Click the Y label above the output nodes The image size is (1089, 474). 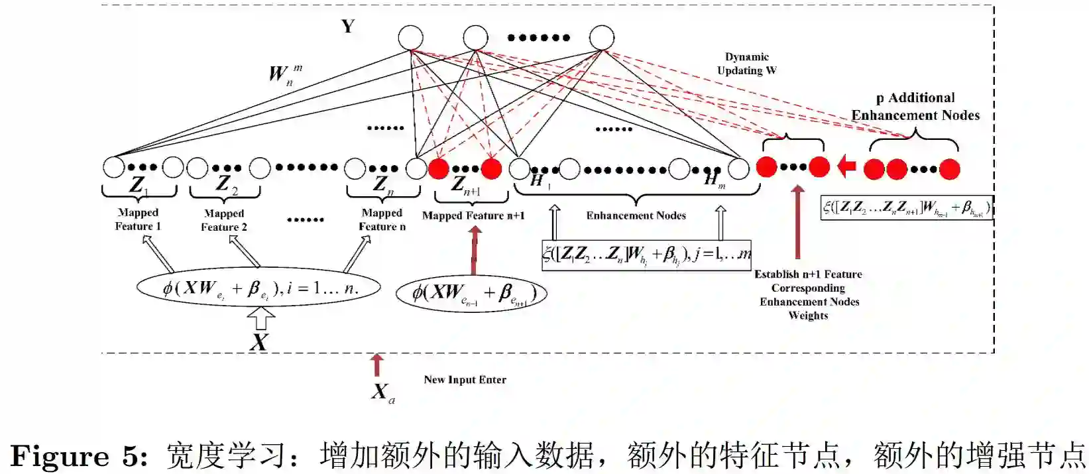348,27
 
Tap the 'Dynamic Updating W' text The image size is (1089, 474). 746,64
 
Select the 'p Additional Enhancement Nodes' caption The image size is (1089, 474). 915,107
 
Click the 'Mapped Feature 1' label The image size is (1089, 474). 138,219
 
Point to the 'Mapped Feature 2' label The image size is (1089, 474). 224,220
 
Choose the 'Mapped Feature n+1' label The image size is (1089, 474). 473,215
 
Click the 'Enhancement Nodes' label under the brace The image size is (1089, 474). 636,215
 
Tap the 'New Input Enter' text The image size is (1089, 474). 465,380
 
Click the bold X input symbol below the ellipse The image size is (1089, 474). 259,342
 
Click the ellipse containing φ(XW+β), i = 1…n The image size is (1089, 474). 258,288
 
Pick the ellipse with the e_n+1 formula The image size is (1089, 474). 471,294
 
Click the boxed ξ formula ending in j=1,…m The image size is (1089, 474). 646,255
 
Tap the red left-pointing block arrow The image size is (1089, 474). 846,166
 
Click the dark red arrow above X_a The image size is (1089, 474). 376,365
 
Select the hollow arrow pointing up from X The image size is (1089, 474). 260,320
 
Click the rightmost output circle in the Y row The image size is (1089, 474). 601,38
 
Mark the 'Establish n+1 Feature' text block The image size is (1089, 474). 809,294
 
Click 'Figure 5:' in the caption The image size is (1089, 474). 79,456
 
